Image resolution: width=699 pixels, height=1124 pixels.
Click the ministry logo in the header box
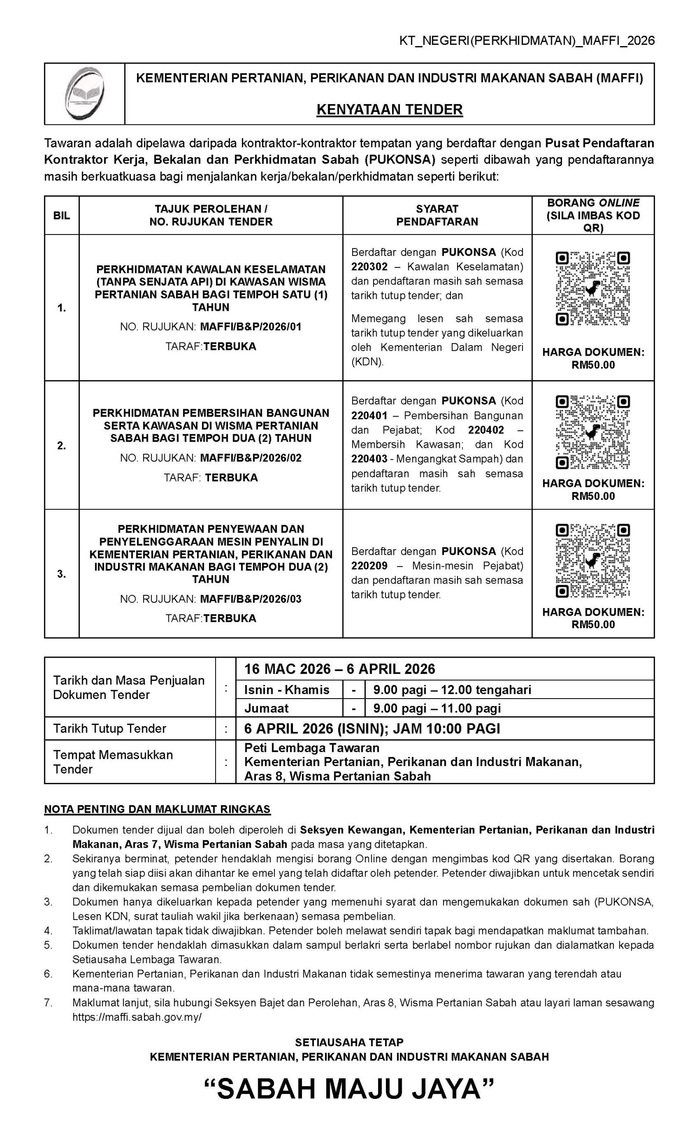pos(85,94)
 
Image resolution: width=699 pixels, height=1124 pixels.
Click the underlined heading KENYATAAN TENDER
pos(389,109)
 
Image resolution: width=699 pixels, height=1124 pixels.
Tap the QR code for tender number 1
pos(593,289)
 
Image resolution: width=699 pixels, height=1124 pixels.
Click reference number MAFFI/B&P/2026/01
pos(250,327)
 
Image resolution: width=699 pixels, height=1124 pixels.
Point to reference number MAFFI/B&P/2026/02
pos(250,458)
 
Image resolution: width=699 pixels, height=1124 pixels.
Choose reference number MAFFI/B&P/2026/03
pos(250,599)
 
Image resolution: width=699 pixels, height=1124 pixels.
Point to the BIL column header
pos(61,216)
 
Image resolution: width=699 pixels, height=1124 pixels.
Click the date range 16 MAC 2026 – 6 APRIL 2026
pos(340,669)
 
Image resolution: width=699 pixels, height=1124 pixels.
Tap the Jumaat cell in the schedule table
pos(266,708)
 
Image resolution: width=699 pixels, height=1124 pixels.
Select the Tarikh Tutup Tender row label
pos(110,728)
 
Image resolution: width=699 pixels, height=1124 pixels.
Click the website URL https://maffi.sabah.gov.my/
pos(137,1017)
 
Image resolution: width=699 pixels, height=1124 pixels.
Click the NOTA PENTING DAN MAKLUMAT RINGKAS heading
pos(157,809)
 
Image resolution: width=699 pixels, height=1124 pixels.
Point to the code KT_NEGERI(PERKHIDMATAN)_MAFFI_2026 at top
pos(526,41)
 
